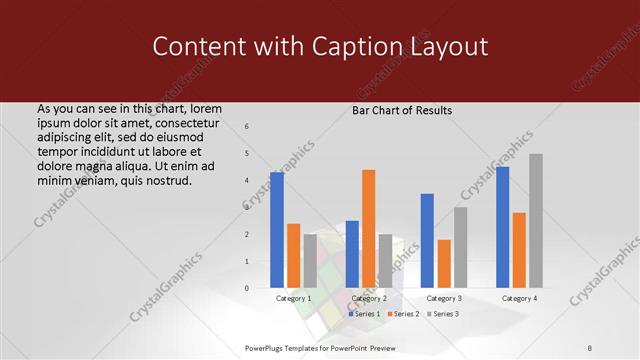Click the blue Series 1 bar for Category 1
click(277, 230)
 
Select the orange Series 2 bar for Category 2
click(368, 229)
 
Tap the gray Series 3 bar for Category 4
click(536, 221)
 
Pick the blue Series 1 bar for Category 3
click(427, 241)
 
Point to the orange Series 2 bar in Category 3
click(444, 264)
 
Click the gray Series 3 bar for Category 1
click(310, 261)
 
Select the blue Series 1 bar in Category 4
click(503, 227)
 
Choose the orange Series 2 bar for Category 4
click(519, 250)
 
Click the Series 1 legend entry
click(365, 314)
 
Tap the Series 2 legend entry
click(403, 314)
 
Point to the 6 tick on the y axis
click(247, 126)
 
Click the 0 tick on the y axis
click(247, 288)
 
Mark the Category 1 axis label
click(294, 298)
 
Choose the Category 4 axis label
click(519, 298)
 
